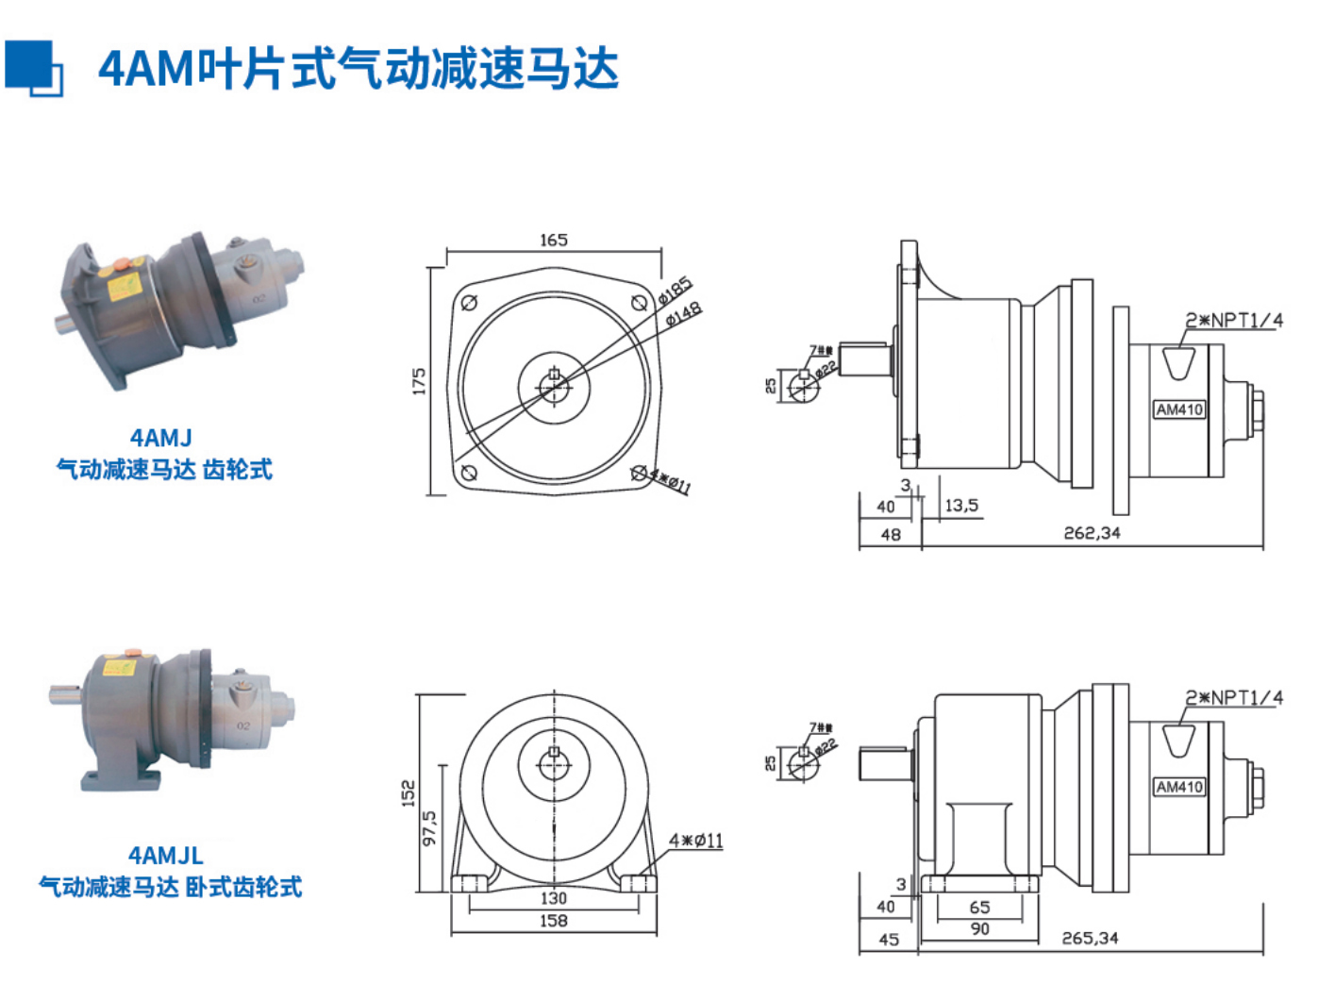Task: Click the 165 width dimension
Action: click(x=554, y=240)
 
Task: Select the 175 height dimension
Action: click(x=419, y=381)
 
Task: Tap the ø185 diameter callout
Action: click(x=676, y=290)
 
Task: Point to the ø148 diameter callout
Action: click(x=684, y=314)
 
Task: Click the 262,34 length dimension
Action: click(x=1092, y=533)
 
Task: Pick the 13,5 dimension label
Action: click(x=961, y=506)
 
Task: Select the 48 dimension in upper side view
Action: click(x=891, y=535)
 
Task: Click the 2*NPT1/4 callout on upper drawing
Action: click(x=1234, y=321)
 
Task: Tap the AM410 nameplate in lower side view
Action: click(x=1179, y=787)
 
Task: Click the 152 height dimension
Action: click(x=409, y=792)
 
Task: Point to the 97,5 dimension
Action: click(x=429, y=827)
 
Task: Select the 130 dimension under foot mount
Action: click(x=554, y=898)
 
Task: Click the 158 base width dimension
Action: click(x=554, y=921)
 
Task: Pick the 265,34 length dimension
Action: click(x=1090, y=939)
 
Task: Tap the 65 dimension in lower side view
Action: click(x=980, y=907)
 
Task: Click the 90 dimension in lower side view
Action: click(x=980, y=929)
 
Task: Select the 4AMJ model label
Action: click(x=161, y=438)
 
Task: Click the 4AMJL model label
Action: click(x=166, y=856)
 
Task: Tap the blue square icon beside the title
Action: click(x=33, y=68)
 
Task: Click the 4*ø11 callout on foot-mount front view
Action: click(x=696, y=841)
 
